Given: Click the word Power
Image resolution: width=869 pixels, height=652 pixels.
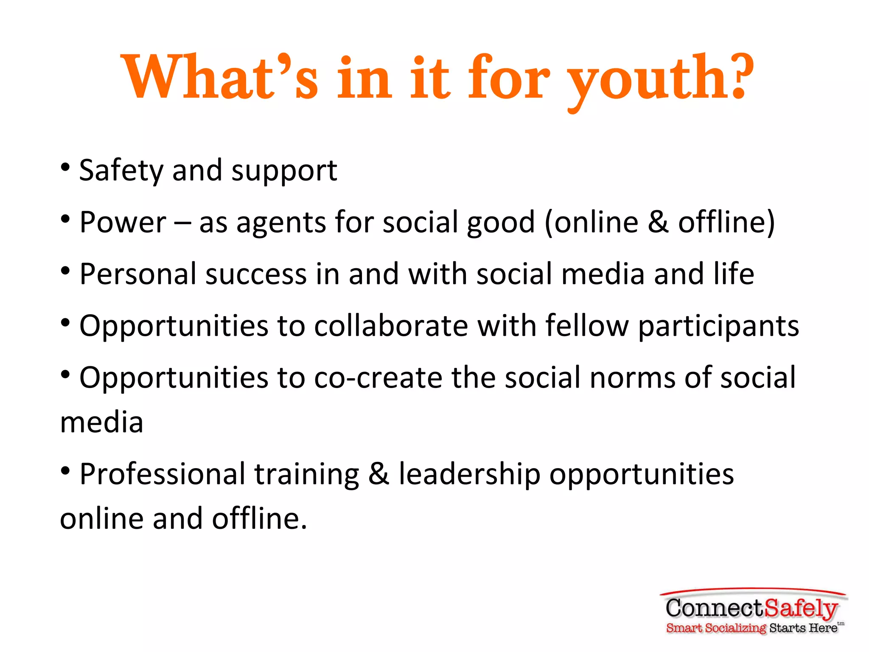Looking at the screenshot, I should tap(123, 222).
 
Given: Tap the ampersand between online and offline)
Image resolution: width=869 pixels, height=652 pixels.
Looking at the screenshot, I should tap(658, 222).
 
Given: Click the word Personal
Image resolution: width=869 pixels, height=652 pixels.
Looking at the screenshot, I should tap(138, 274).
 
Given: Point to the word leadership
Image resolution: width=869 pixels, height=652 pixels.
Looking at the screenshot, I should tap(469, 474).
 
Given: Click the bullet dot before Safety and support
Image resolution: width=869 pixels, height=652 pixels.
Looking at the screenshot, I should tap(65, 167).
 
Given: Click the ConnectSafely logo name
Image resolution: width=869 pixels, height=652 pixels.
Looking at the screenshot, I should tap(751, 608).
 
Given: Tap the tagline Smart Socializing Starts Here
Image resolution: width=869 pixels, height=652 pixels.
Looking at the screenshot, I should tap(751, 628).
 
